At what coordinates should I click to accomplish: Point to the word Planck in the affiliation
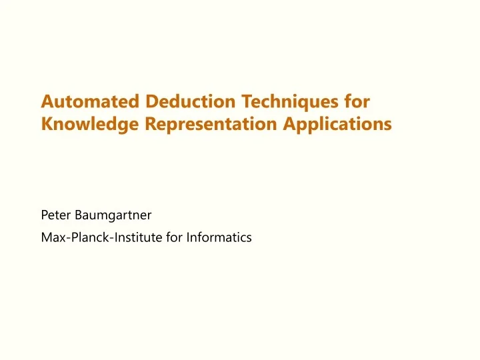[84, 236]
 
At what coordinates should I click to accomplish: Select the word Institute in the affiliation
[134, 236]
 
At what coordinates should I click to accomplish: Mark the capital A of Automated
[47, 102]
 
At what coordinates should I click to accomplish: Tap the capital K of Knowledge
[47, 124]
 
